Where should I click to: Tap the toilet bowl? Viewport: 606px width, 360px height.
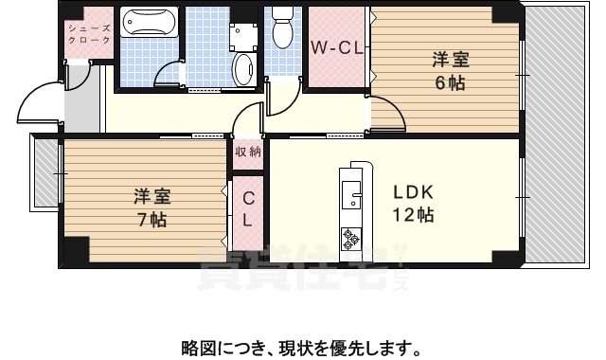click(x=282, y=30)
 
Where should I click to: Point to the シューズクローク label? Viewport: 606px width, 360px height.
click(x=89, y=34)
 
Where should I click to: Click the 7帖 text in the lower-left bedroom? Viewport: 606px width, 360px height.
click(x=151, y=219)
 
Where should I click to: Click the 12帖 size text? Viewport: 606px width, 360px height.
click(x=414, y=215)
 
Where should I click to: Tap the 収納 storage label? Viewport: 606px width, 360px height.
click(x=248, y=152)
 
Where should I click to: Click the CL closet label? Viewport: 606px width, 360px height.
click(x=247, y=208)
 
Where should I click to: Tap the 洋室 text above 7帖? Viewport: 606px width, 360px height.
click(x=151, y=197)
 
